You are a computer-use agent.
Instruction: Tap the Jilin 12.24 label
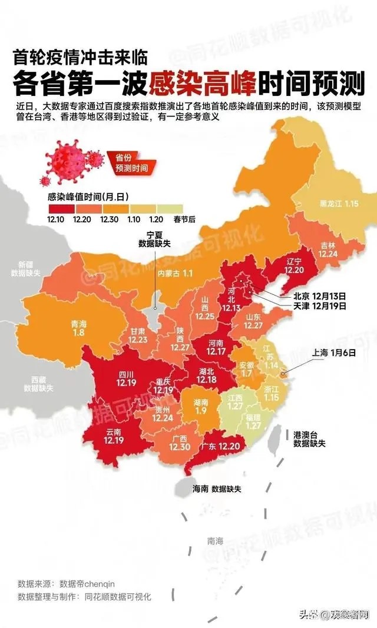click(x=329, y=249)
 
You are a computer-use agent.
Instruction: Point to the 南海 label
click(x=216, y=540)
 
